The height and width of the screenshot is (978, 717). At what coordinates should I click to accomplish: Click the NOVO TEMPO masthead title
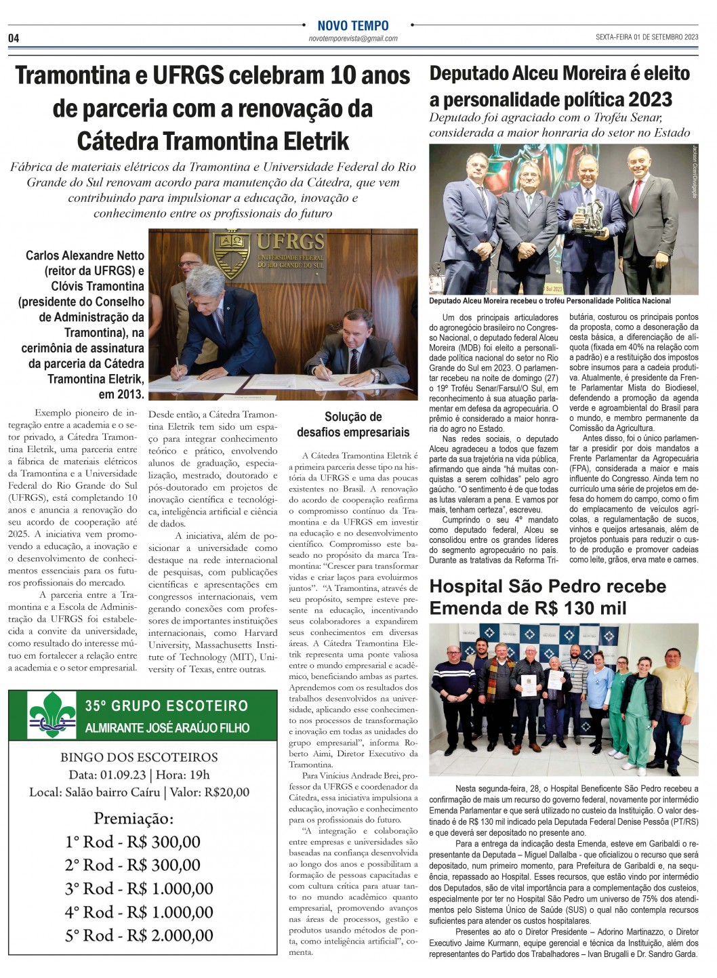pyautogui.click(x=353, y=26)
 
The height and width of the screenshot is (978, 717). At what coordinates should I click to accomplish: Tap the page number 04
pyautogui.click(x=14, y=39)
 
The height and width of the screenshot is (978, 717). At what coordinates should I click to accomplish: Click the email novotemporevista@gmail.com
pyautogui.click(x=353, y=39)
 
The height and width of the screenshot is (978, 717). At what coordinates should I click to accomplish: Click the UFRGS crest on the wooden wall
pyautogui.click(x=231, y=252)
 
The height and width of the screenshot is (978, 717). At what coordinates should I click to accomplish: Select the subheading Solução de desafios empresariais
pyautogui.click(x=353, y=424)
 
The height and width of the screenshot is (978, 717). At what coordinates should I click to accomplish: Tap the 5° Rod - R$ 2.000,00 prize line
pyautogui.click(x=139, y=935)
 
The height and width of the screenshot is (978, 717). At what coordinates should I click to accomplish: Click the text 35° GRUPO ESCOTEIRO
pyautogui.click(x=167, y=706)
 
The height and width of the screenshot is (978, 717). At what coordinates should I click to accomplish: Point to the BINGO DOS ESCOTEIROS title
pyautogui.click(x=139, y=757)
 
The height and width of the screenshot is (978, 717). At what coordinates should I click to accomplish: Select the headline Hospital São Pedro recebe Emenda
pyautogui.click(x=548, y=596)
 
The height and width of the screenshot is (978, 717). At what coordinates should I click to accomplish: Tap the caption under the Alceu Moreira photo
pyautogui.click(x=550, y=301)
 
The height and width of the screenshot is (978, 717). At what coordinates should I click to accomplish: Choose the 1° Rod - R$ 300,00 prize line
pyautogui.click(x=133, y=842)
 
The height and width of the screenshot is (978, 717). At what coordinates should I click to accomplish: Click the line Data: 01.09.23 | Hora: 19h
pyautogui.click(x=139, y=775)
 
